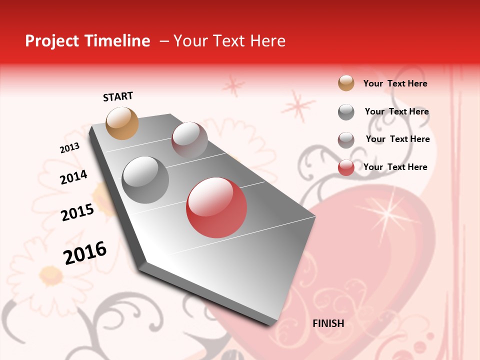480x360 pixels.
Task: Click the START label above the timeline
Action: point(118,96)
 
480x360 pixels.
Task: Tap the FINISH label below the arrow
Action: point(328,323)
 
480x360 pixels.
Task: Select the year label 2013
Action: point(69,148)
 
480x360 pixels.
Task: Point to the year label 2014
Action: point(73,177)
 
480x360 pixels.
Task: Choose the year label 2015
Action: point(77,212)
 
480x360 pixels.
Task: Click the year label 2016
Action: point(85,252)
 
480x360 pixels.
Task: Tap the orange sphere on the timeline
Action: point(122,123)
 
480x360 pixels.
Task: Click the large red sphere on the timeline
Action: point(216,207)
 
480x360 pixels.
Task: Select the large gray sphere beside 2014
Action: point(145,179)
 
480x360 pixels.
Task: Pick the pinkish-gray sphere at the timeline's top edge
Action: point(189,140)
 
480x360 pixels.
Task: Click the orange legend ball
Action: point(346,83)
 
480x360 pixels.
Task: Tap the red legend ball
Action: point(346,167)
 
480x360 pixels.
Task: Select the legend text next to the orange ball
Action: point(395,83)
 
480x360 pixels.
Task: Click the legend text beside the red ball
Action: point(395,167)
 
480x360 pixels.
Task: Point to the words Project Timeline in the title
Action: point(87,41)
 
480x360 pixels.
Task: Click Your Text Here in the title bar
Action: point(229,41)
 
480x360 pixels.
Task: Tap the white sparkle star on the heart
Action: point(387,213)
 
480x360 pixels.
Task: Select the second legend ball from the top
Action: point(346,112)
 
